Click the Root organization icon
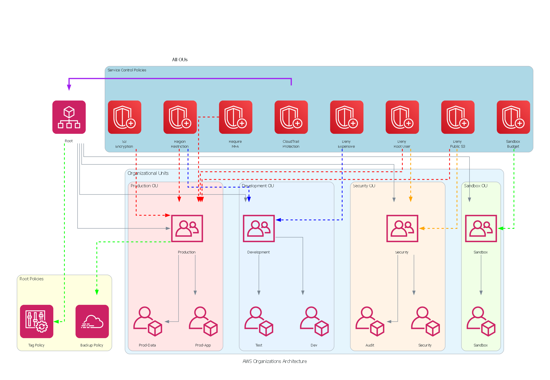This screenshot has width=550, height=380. point(69,117)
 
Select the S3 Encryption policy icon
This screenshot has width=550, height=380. point(124,117)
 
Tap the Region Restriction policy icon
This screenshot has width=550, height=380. point(180,117)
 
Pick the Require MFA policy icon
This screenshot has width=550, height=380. point(236,117)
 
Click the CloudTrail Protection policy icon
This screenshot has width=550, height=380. point(291,117)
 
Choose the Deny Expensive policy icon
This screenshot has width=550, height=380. point(347,117)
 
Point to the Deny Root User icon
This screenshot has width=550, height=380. point(402,117)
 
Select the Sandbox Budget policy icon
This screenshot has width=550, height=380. point(513,117)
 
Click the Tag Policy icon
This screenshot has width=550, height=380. point(36,321)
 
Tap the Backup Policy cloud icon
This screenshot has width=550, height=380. point(92,321)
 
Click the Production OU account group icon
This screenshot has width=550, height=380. point(187,228)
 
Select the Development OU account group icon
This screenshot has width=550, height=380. point(259,228)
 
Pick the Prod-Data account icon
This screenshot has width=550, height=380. point(148,321)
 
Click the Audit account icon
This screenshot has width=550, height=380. point(370,321)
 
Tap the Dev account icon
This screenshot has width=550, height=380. point(314,321)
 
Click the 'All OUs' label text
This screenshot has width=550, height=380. point(180,60)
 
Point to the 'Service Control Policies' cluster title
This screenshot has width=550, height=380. point(127,70)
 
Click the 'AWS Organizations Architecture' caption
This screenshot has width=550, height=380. point(275,361)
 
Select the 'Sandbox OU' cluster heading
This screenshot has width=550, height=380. point(476,186)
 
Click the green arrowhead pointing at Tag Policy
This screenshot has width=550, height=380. point(56,321)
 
